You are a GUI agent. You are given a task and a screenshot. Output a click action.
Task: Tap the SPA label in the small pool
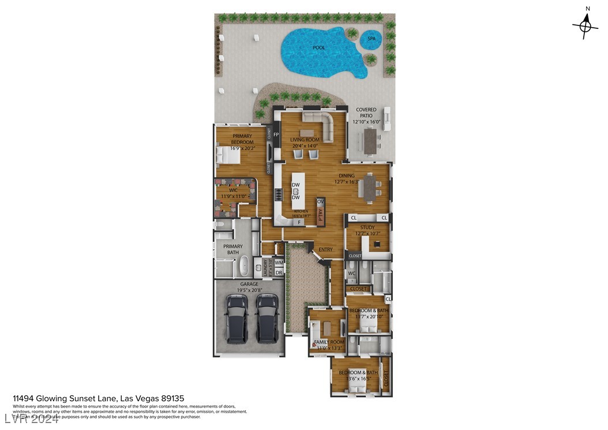click(x=371, y=39)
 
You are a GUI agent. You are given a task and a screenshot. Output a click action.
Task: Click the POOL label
click(x=318, y=48)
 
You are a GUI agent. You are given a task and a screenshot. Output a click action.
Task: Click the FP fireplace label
click(x=276, y=135)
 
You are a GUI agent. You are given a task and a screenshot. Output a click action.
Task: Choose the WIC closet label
click(x=234, y=190)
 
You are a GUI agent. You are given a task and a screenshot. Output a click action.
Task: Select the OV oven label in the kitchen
click(x=321, y=201)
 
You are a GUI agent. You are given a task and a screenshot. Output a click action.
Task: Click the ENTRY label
click(x=325, y=249)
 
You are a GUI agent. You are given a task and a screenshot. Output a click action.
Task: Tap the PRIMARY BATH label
click(x=233, y=249)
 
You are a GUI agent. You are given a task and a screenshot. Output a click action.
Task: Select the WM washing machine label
click(x=279, y=263)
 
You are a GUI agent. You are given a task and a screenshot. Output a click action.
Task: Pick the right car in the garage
click(x=267, y=317)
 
